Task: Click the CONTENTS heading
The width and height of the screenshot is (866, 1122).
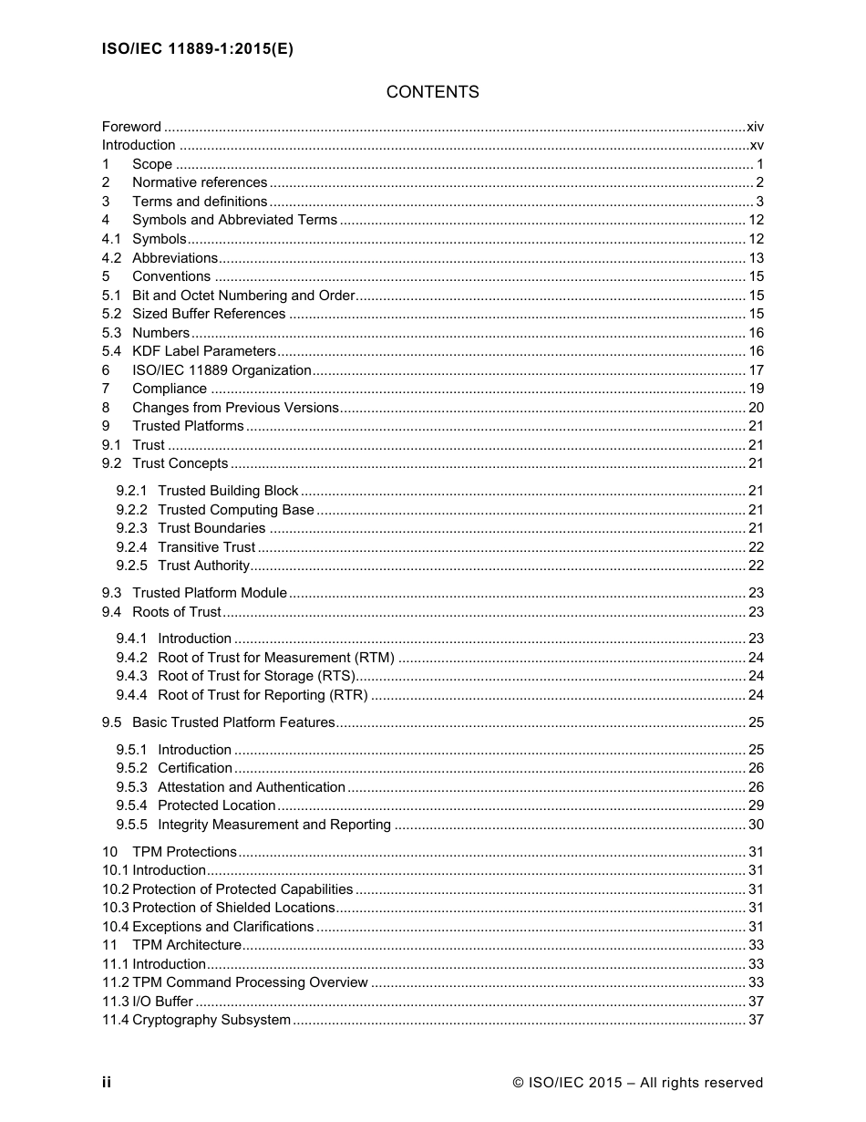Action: (x=432, y=92)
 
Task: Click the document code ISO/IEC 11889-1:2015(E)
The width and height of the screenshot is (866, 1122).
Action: (x=197, y=50)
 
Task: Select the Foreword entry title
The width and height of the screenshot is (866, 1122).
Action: (x=131, y=127)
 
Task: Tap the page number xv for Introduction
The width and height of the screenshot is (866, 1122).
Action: (x=756, y=145)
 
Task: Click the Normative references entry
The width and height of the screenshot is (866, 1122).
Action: (x=200, y=182)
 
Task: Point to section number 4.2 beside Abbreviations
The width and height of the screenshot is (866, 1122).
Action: (x=111, y=258)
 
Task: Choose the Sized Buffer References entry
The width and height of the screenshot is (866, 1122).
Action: (x=209, y=314)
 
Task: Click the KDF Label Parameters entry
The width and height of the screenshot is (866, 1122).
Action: (x=203, y=351)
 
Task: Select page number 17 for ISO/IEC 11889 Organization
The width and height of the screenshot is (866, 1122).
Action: (x=755, y=370)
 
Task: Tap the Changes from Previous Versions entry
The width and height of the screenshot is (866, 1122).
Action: (x=235, y=408)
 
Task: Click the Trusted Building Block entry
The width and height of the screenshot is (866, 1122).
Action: (x=228, y=491)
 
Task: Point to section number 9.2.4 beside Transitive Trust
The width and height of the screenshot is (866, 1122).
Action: (x=131, y=547)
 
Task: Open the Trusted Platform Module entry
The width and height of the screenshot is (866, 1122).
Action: (x=210, y=593)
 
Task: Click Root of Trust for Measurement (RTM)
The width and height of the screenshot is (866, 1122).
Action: (x=276, y=658)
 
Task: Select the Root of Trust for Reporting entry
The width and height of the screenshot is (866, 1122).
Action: (x=263, y=695)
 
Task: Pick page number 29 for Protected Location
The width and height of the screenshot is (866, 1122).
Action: (x=755, y=805)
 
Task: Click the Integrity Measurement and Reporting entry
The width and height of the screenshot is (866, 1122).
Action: (x=274, y=825)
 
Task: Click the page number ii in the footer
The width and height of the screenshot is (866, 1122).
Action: (x=107, y=1083)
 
